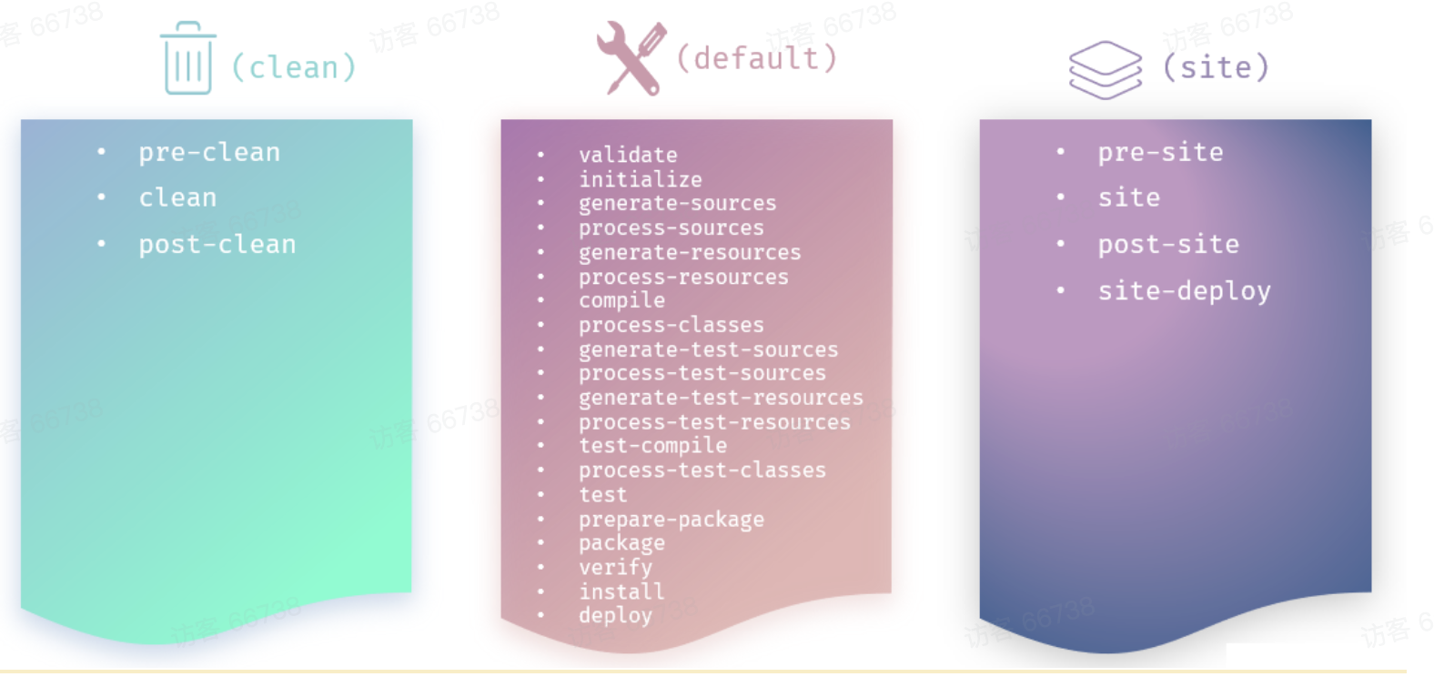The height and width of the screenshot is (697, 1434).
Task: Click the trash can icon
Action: coord(187,58)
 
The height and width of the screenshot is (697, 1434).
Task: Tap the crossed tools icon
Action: coord(631,58)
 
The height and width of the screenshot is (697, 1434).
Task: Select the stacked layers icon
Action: coord(1105,69)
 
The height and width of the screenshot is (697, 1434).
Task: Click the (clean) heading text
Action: coord(293,67)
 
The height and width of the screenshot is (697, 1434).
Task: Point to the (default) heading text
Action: coord(756,58)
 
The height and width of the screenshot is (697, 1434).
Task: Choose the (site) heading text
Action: coord(1216,67)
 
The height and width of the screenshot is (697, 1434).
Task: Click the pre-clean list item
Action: coord(209,152)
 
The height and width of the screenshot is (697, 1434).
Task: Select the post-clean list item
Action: coord(217,244)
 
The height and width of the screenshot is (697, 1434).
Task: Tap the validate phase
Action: coord(628,155)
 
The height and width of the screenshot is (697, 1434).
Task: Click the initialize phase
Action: coord(641,179)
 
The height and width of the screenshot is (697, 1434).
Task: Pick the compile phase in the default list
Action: coord(621,300)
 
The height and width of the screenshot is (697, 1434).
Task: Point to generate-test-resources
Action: coord(721,398)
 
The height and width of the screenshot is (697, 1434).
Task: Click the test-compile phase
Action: coord(652,446)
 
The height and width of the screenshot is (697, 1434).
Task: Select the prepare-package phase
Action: coord(672,520)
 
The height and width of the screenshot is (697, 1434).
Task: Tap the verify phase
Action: coord(615,568)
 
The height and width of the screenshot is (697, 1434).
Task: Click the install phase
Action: coord(621,591)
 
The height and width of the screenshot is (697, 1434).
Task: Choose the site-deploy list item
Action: coord(1184,291)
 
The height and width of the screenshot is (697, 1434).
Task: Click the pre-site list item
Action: coord(1160,152)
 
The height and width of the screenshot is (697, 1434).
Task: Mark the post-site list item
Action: coord(1168,244)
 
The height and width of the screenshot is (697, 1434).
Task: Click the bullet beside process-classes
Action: coord(540,325)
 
